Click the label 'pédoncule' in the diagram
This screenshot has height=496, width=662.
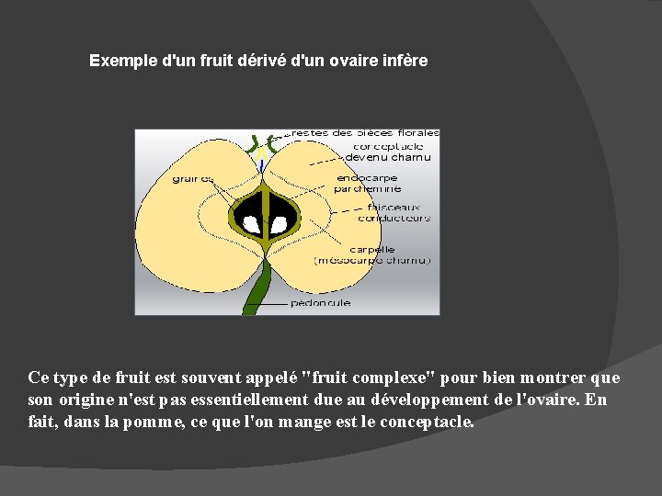coord(319,302)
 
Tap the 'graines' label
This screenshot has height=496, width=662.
coord(193,179)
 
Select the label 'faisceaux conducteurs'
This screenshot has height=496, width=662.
coord(393,212)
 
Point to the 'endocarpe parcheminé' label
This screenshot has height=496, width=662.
coord(368,183)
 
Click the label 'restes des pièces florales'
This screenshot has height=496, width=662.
coord(363,133)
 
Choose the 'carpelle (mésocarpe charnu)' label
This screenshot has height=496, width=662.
coord(371,254)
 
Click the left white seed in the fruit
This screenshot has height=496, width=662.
coord(250,221)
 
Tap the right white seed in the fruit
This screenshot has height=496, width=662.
coord(278,221)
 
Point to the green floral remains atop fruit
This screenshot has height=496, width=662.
coord(262,143)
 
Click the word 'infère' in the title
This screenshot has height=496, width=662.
coord(405,62)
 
